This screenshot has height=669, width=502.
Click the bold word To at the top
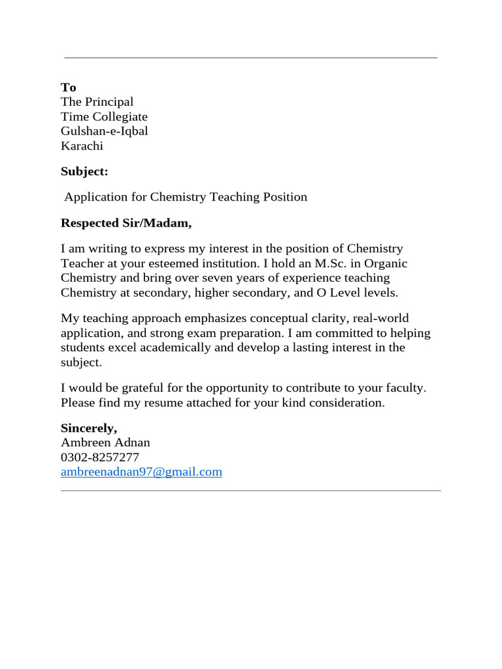click(x=69, y=88)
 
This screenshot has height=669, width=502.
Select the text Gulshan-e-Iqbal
click(x=105, y=131)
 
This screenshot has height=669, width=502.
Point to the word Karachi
click(x=82, y=146)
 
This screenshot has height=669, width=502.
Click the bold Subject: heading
click(x=84, y=171)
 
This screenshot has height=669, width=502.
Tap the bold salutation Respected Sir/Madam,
click(x=126, y=223)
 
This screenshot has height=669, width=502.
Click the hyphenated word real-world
click(x=380, y=319)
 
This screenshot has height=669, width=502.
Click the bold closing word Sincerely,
click(x=89, y=429)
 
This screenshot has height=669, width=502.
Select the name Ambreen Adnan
click(x=105, y=443)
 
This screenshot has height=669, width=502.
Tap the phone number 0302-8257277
click(x=100, y=457)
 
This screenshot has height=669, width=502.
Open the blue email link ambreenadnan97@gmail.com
click(x=141, y=472)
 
